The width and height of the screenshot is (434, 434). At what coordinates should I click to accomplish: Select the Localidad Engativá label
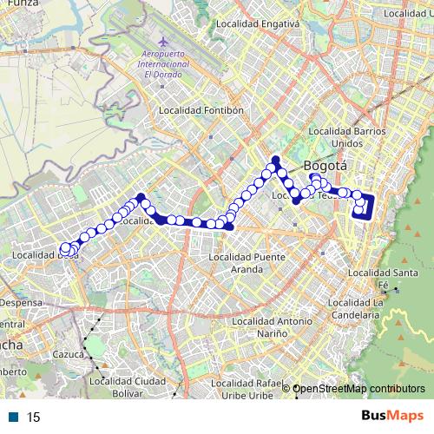pos(258,24)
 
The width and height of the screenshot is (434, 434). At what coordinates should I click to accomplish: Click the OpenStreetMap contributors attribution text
pos(358,388)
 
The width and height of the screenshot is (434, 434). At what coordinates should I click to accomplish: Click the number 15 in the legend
pos(33,418)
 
